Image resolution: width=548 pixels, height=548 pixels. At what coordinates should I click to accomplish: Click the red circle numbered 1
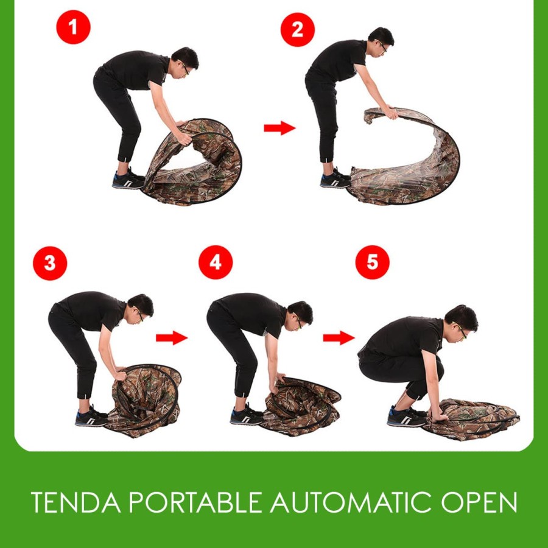[x=74, y=27]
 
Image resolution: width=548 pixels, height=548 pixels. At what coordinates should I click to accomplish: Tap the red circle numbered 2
[x=297, y=30]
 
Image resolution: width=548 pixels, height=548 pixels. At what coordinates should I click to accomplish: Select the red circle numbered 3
[x=50, y=263]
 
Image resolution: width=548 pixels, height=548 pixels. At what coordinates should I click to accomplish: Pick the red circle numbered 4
[x=216, y=262]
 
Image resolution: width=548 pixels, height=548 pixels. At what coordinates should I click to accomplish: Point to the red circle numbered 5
[x=372, y=262]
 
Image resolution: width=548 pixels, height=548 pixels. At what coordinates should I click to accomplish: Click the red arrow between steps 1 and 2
[x=279, y=128]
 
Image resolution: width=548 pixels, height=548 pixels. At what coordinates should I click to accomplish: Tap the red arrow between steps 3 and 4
[x=172, y=337]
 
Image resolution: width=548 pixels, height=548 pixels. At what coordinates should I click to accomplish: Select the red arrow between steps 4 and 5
[x=339, y=337]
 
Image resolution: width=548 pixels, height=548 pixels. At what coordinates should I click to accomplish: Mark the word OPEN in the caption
[x=479, y=502]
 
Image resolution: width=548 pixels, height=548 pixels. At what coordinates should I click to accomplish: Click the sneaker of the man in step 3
[x=91, y=416]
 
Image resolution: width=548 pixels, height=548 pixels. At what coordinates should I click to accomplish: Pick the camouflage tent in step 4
[x=301, y=407]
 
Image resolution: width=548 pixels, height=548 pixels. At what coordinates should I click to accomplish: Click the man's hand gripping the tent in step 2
[x=392, y=113]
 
